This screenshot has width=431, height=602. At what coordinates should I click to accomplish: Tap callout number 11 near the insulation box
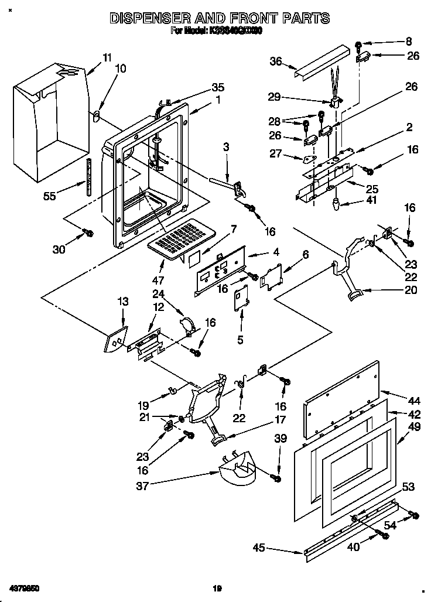[x=106, y=57]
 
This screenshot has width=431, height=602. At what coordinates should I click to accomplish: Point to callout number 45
[x=259, y=548]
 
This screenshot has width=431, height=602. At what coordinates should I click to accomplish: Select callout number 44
[x=414, y=401]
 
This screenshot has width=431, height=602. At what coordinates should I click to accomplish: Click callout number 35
[x=217, y=87]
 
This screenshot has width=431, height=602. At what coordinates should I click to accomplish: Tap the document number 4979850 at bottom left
[x=24, y=586]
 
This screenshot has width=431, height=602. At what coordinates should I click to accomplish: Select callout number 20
[x=411, y=289]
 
